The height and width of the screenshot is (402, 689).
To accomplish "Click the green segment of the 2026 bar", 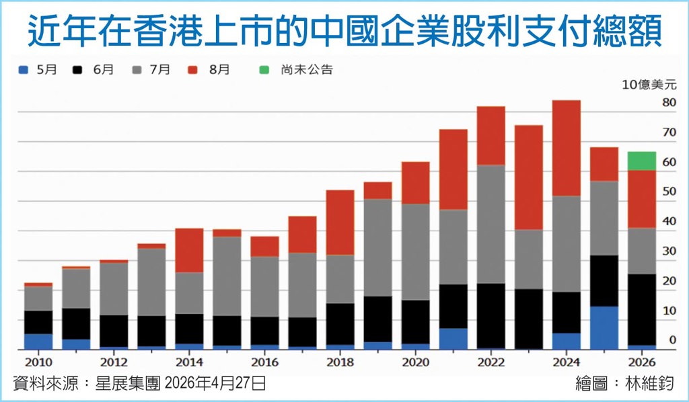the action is (x=641, y=161).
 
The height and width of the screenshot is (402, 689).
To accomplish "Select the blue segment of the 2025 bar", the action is (x=604, y=328).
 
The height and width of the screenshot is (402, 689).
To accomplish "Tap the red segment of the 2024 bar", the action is (x=566, y=149).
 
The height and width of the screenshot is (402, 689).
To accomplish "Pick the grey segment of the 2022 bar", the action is (x=491, y=225).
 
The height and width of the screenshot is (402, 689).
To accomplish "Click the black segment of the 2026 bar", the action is (x=641, y=310).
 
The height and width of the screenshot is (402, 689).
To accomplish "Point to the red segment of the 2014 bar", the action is (x=189, y=251).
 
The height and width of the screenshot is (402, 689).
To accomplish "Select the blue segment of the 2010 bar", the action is (x=38, y=342).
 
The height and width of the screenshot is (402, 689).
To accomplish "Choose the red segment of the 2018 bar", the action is (x=340, y=223).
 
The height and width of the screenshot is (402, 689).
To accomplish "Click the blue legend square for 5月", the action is (x=24, y=70).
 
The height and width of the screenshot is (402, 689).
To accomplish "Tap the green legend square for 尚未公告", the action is (x=264, y=70).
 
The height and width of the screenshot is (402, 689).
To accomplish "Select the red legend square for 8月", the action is (x=192, y=70).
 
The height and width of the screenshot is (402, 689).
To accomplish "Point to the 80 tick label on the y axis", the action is (x=669, y=103).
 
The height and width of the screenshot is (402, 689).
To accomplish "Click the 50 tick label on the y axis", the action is (x=669, y=192).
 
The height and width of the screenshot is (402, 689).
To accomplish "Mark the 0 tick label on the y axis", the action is (x=673, y=340).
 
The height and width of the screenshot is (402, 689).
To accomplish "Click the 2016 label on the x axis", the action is (x=264, y=362).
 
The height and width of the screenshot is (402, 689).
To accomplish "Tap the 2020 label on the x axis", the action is (x=416, y=362).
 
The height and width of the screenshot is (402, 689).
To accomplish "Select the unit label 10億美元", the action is (x=649, y=85).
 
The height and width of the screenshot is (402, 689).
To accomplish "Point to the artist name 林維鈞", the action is (x=649, y=384).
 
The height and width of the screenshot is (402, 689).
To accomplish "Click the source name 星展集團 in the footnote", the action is (x=128, y=384).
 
